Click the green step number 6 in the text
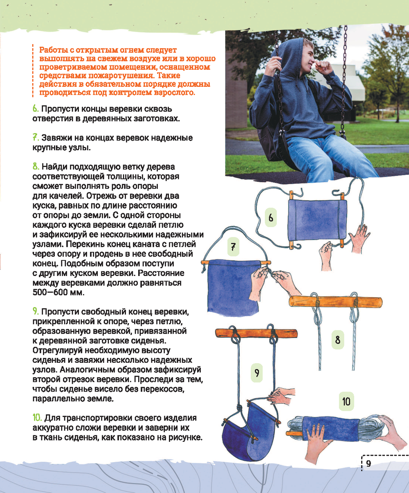tap(36, 109)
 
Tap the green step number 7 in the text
tap(36, 138)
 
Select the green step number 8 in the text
tap(36, 167)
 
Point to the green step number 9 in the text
tap(36, 312)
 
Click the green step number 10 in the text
tap(37, 418)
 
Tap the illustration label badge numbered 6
tap(270, 217)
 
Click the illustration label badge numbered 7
tap(233, 247)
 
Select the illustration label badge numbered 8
tap(337, 340)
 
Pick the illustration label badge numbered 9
tap(256, 373)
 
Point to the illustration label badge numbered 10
tap(346, 401)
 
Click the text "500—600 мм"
tap(58, 292)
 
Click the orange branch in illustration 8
tap(336, 302)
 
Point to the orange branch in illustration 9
tap(256, 333)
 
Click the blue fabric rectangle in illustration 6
tap(317, 220)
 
